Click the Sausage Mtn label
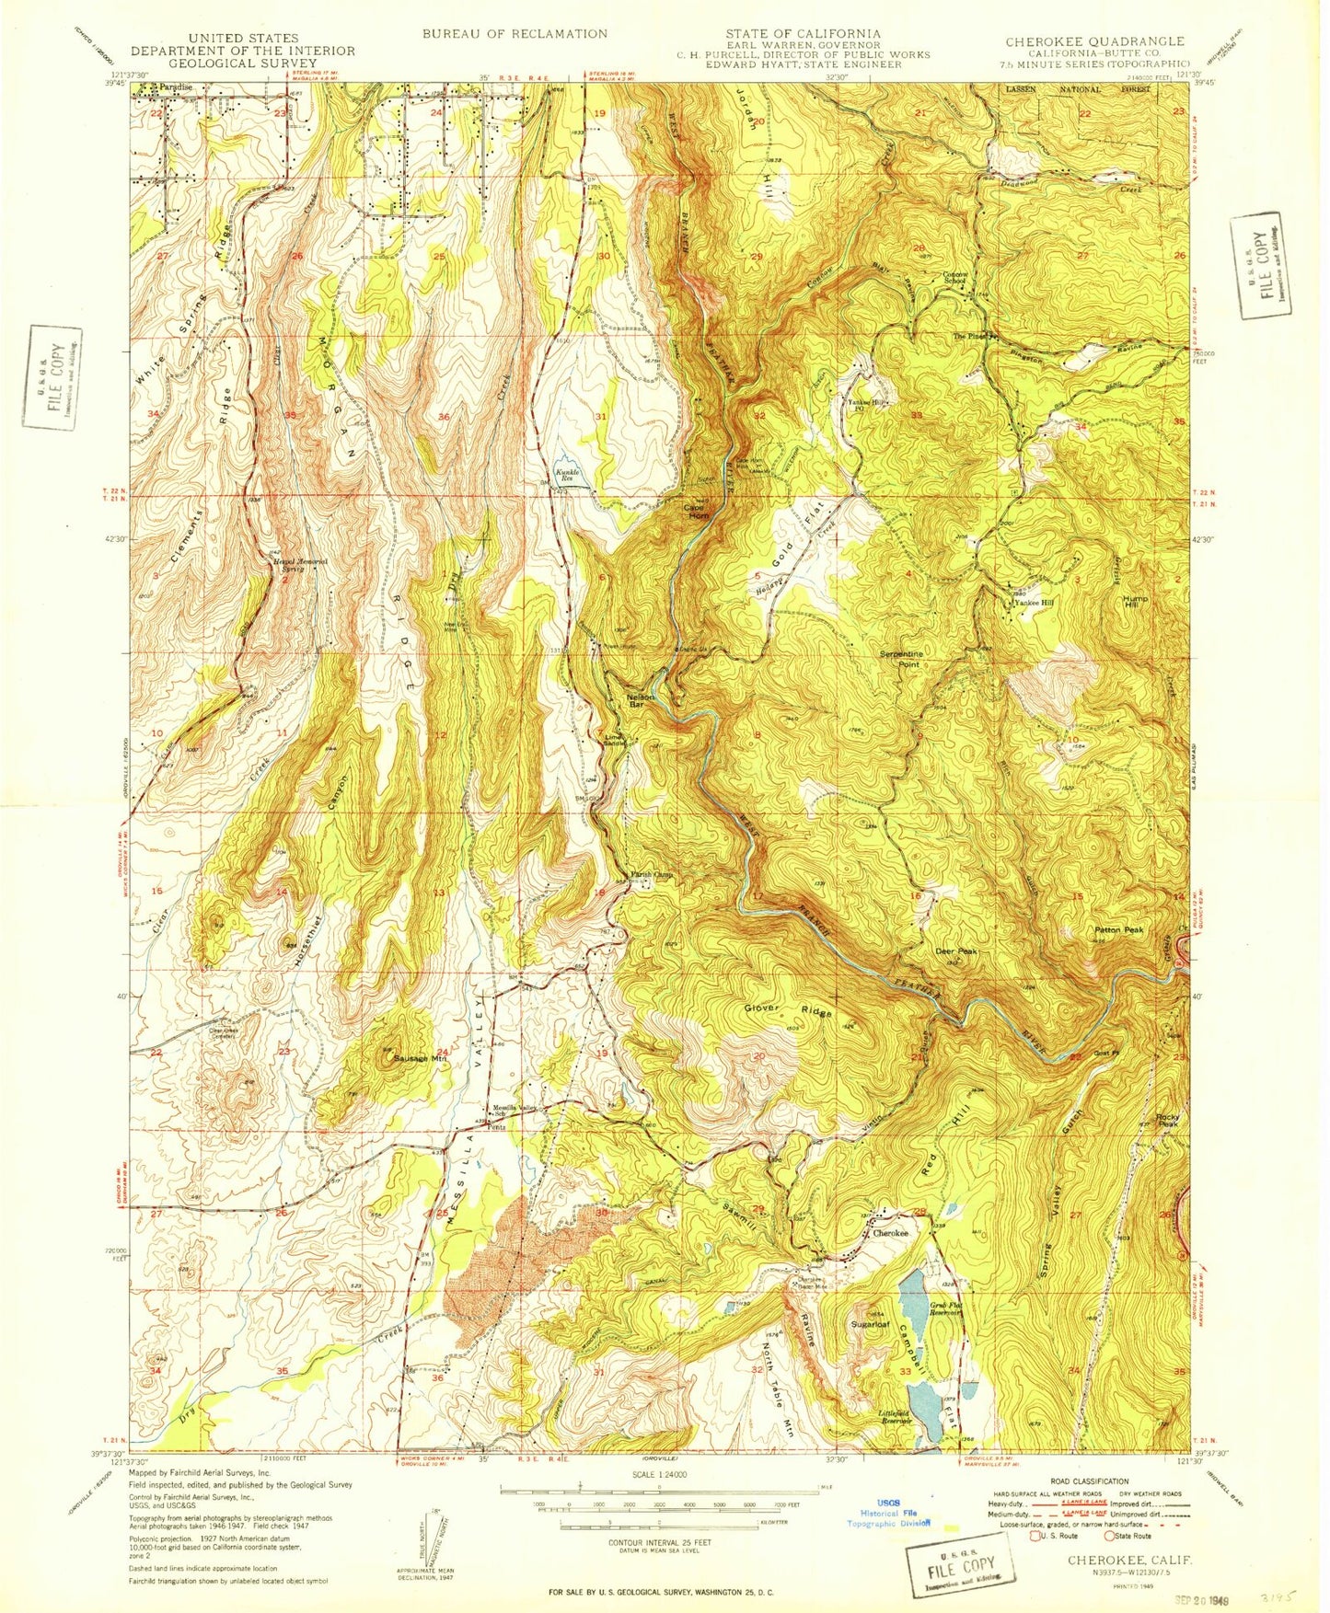click(x=419, y=1058)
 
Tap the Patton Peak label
click(x=1118, y=930)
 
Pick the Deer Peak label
click(x=954, y=951)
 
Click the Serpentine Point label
click(x=900, y=658)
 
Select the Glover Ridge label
click(x=788, y=1010)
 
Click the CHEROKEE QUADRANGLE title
click(x=1094, y=41)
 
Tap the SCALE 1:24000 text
click(x=658, y=1499)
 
